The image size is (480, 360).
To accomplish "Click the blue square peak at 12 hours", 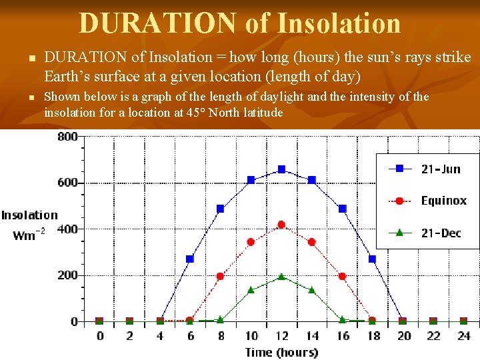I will [x=281, y=169].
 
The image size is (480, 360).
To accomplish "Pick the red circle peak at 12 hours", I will [x=281, y=225].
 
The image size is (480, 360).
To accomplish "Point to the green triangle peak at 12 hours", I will [x=281, y=276].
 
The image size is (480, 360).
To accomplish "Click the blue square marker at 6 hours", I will [x=190, y=259].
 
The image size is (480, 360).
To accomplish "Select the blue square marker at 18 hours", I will [x=372, y=259].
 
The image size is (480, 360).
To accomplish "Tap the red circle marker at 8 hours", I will [x=220, y=276].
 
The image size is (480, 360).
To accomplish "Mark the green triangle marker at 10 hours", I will [x=251, y=290].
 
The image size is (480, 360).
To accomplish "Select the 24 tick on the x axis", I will [x=464, y=336].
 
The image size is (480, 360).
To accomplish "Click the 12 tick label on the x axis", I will [x=281, y=336].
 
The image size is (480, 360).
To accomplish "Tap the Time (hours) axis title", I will [x=281, y=352].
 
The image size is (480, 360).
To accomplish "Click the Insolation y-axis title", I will [x=29, y=215].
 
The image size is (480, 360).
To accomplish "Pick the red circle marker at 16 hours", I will [x=342, y=276].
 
